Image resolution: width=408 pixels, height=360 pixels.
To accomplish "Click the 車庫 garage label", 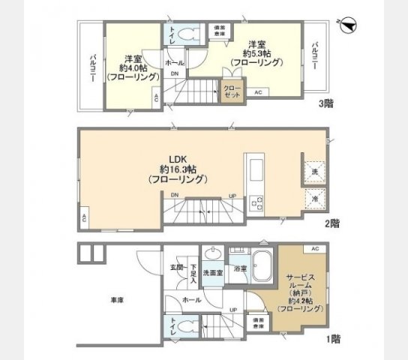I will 118,299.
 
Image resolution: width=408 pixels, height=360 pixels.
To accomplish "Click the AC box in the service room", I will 315,248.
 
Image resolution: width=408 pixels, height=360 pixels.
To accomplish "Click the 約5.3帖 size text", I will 258,53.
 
